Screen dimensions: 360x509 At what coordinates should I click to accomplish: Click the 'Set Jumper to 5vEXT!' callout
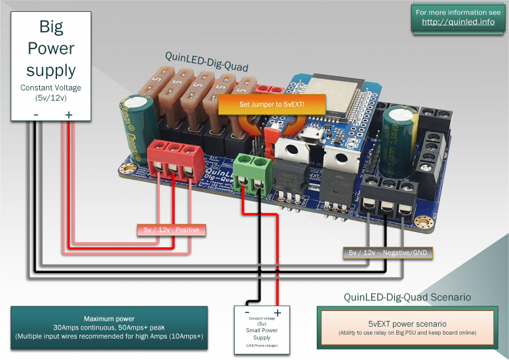coord(272,105)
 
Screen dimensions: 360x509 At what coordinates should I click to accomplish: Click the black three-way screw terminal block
coord(389,199)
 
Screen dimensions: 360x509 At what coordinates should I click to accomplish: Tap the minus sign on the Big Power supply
coord(36,115)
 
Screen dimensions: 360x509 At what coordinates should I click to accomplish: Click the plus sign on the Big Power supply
coord(68,115)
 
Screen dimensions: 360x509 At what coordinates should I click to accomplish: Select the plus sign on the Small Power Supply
coord(277,312)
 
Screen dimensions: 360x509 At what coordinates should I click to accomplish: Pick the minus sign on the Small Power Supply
coord(247,312)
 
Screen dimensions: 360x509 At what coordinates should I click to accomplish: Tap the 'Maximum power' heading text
coord(110,318)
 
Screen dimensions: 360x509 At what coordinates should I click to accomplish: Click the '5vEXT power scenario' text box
coord(406,327)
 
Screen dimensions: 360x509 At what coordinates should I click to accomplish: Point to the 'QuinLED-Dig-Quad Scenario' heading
coord(407,297)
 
